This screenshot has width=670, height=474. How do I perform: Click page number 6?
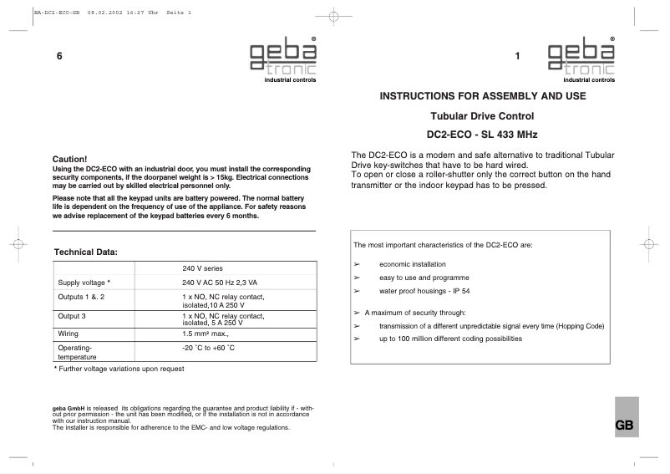point(59,56)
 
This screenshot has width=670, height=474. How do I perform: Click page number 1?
point(518,56)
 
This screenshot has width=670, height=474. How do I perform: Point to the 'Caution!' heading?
point(69,158)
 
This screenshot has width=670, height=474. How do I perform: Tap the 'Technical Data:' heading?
point(86,252)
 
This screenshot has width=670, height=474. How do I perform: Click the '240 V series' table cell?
point(202,268)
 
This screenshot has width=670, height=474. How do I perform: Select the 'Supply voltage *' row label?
point(84,283)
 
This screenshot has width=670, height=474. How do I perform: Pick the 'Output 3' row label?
point(74,316)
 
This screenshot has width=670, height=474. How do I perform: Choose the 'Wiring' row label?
point(69,332)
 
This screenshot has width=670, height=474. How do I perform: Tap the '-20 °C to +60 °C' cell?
point(209,346)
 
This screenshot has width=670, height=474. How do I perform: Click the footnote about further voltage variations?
point(119,369)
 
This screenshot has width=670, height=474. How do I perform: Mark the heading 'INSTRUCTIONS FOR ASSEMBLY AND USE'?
point(483,96)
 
